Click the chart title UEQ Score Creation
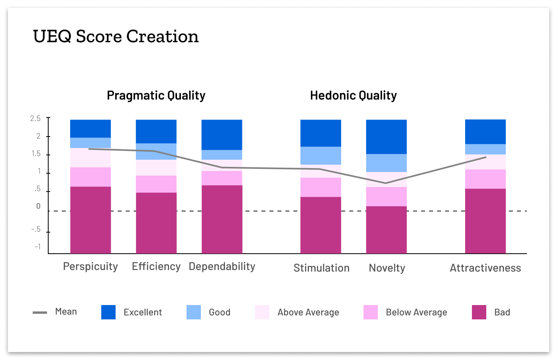pyautogui.click(x=116, y=37)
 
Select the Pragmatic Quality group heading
pyautogui.click(x=156, y=96)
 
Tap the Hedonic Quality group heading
pyautogui.click(x=353, y=96)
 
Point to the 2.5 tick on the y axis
pyautogui.click(x=35, y=119)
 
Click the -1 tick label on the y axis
pyautogui.click(x=37, y=247)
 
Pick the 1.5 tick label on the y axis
pyautogui.click(x=35, y=154)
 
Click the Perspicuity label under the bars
pyautogui.click(x=90, y=266)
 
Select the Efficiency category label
pyautogui.click(x=156, y=266)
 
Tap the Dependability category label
pyautogui.click(x=222, y=266)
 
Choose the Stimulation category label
pyautogui.click(x=321, y=268)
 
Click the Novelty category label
pyautogui.click(x=387, y=268)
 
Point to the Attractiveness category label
pyautogui.click(x=485, y=268)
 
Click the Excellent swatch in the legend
pyautogui.click(x=108, y=312)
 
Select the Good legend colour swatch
pyautogui.click(x=194, y=312)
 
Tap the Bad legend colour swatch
pyautogui.click(x=479, y=312)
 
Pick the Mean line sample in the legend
pyautogui.click(x=40, y=313)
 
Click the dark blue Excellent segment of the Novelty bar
pyautogui.click(x=386, y=137)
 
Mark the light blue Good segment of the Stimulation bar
pyautogui.click(x=320, y=156)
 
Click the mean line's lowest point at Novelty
pyautogui.click(x=386, y=183)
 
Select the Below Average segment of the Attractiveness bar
pyautogui.click(x=485, y=179)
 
